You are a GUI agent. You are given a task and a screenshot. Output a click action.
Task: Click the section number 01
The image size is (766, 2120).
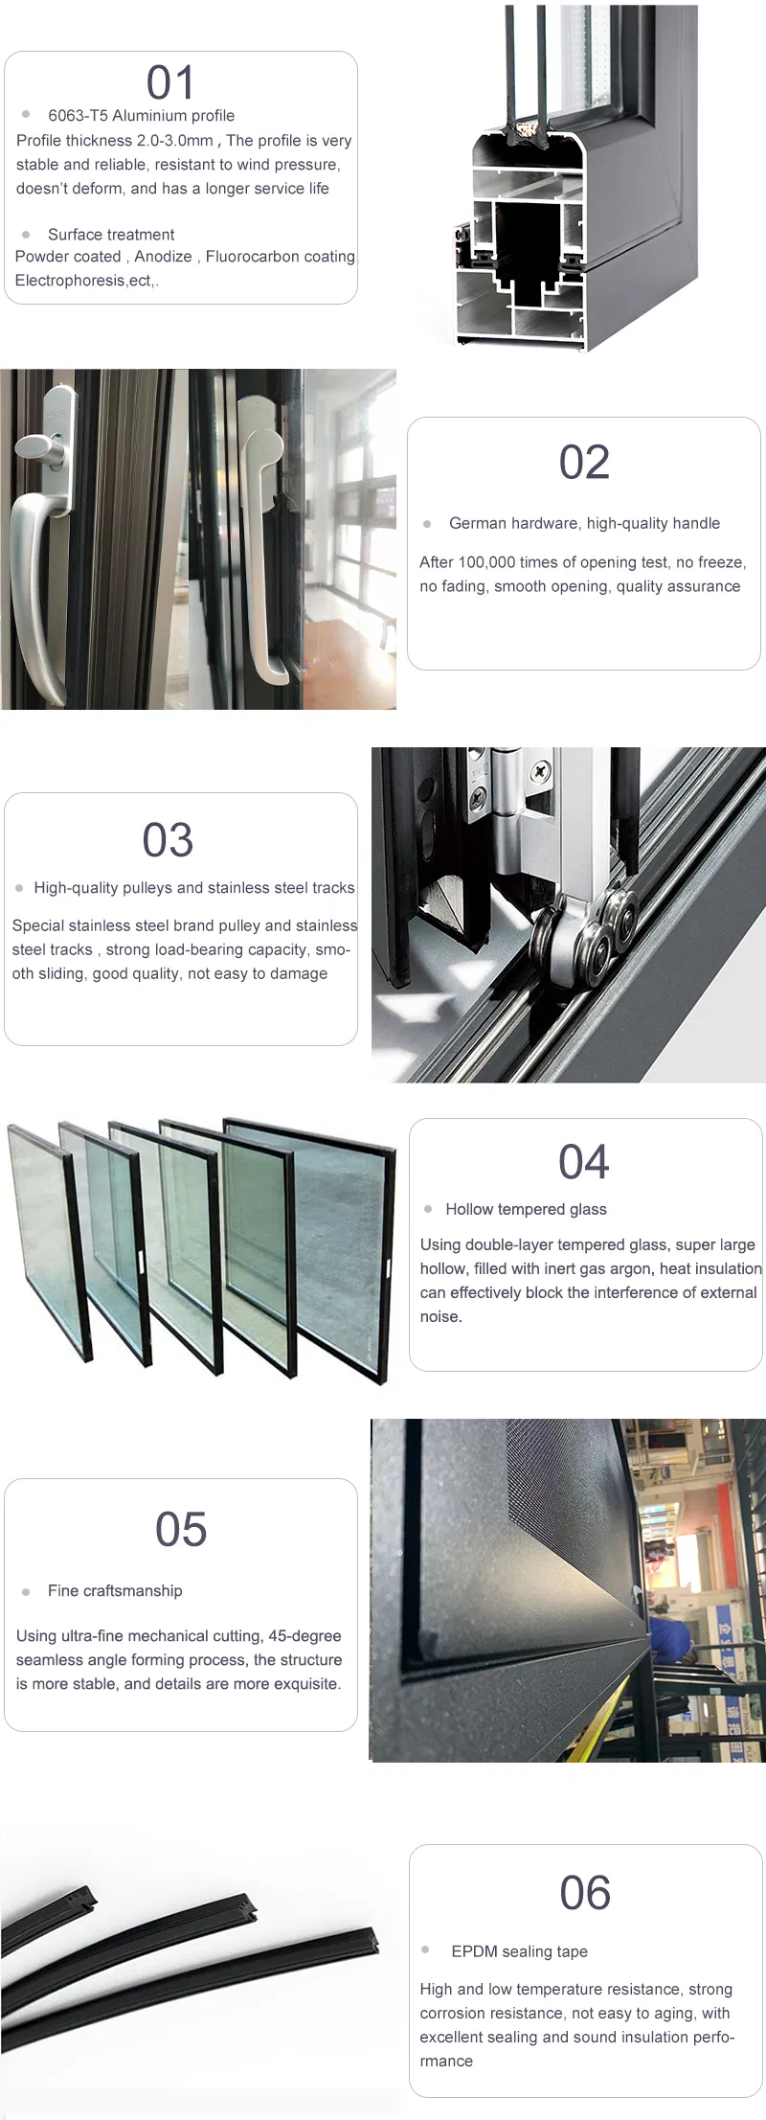point(170,83)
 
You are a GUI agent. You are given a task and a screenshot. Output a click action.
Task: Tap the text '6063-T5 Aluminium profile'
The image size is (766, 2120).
point(141,116)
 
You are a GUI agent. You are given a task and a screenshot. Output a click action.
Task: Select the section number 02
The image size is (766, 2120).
point(584,463)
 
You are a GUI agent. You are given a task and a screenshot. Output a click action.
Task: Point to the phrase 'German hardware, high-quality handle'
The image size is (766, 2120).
point(584,523)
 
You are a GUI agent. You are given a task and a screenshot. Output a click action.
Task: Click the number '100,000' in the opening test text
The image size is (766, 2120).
point(486,562)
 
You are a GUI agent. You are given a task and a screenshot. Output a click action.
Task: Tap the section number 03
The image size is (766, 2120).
point(168,841)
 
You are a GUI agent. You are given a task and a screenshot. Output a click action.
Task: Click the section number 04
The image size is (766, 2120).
point(584,1162)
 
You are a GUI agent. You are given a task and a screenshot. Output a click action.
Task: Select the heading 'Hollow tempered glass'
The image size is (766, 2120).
point(526,1209)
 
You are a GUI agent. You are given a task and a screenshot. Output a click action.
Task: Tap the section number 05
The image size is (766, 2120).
point(181,1529)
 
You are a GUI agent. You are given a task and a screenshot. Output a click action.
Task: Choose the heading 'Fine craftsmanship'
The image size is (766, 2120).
point(115,1590)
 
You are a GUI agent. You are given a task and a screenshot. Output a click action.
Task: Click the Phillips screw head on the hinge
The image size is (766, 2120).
point(542,768)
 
